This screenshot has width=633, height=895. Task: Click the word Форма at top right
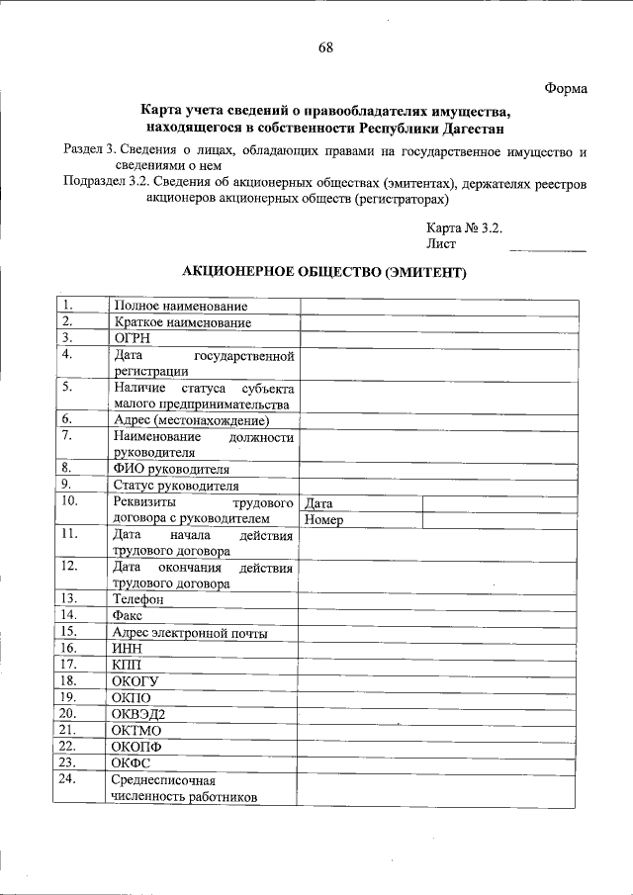tap(566, 89)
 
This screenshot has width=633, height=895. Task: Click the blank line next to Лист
tap(546, 242)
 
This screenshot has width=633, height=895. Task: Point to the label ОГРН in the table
tap(132, 338)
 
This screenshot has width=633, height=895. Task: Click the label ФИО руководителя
tap(171, 469)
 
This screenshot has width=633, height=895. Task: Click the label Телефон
tap(137, 599)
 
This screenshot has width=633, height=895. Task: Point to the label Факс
tap(129, 615)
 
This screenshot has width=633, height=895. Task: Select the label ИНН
tap(129, 648)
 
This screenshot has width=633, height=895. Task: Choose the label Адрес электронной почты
tap(190, 632)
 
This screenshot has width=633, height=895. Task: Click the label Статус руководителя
tap(176, 486)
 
